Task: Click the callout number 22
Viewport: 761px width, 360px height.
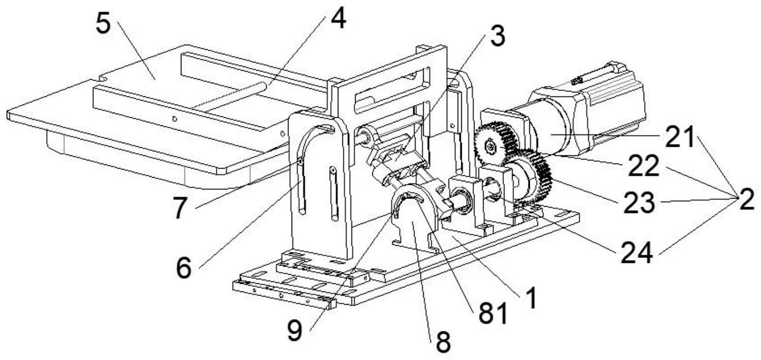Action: [x=644, y=166]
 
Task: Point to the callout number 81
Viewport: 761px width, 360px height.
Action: [x=494, y=314]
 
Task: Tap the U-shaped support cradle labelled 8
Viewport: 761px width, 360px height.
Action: [x=413, y=223]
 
